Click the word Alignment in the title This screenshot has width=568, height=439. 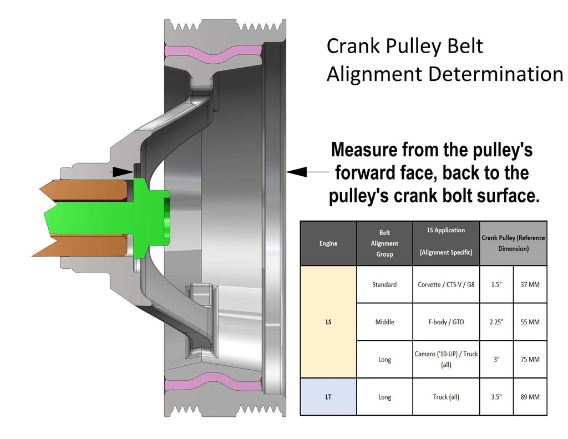374,74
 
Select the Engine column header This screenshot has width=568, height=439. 328,243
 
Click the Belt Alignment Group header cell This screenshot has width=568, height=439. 384,243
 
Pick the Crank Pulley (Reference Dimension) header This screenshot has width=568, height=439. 513,243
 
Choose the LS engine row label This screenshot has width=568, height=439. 328,321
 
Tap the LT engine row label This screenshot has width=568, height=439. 328,397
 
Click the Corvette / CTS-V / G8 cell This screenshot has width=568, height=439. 446,284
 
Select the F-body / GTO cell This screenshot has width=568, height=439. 446,322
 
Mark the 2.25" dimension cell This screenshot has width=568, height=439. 496,322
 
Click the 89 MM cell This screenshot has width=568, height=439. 530,397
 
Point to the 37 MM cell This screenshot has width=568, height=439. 530,284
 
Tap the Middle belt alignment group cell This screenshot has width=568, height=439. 384,322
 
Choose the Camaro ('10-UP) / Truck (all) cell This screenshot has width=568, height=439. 446,359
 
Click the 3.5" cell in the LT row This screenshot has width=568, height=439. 496,397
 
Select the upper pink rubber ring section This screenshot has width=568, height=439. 213,53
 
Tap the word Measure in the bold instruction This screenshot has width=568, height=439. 364,150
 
